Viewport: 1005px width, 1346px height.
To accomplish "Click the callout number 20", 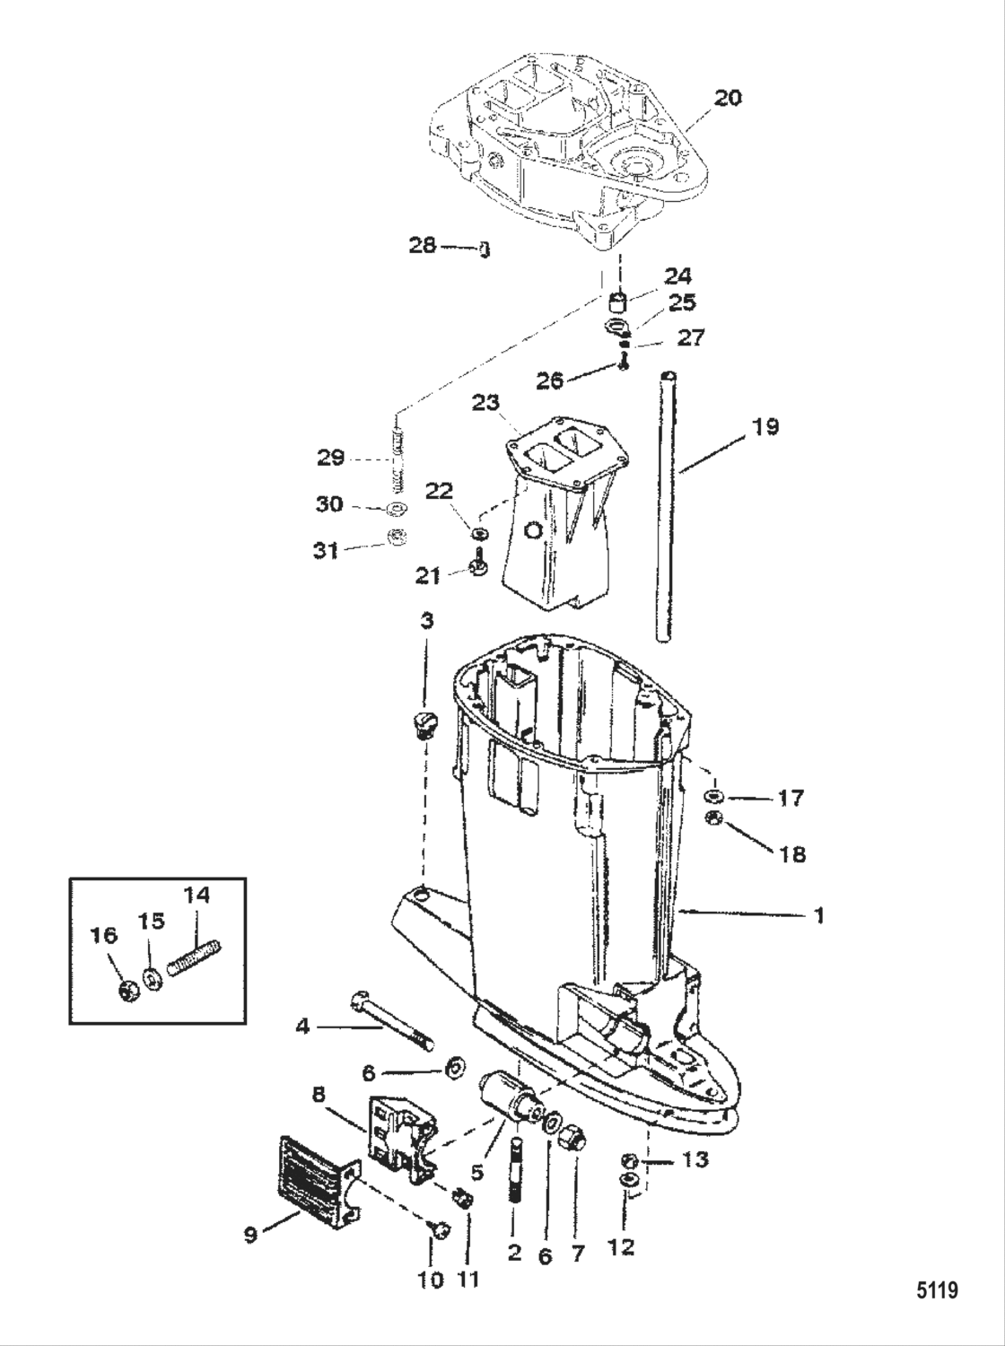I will click(728, 97).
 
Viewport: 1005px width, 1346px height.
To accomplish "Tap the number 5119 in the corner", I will click(937, 1292).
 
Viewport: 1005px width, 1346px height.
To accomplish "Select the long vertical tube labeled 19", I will click(666, 507).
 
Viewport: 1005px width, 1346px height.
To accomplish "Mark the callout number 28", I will click(424, 244).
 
